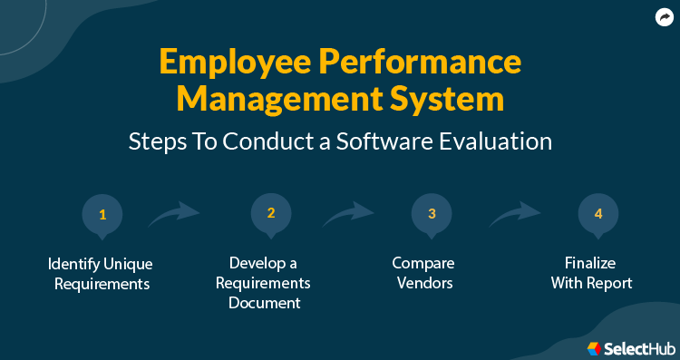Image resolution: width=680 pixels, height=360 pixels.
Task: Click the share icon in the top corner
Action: coord(663,17)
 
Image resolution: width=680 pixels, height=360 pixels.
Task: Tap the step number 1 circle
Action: coord(102,215)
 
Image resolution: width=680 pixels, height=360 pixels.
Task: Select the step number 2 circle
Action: coord(270,214)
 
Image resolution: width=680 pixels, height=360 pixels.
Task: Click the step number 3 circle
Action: coord(432,215)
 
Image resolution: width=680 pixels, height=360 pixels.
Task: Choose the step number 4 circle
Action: coord(597,215)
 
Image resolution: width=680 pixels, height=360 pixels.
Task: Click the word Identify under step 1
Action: coord(73,264)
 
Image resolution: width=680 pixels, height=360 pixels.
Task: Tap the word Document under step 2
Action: coord(269,303)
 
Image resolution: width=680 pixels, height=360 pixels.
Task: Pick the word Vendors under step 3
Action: coord(423,283)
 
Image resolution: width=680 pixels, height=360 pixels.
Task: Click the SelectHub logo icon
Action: coord(595,347)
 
